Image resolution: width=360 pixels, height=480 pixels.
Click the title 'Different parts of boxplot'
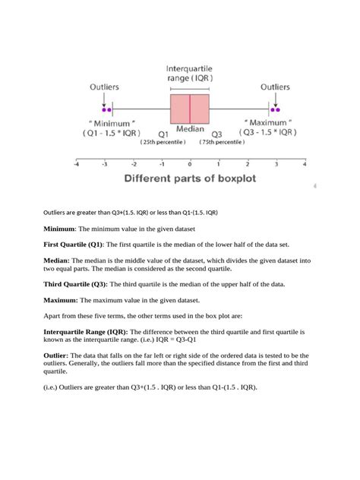(x=189, y=180)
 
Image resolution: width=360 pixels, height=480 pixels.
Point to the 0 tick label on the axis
(x=189, y=163)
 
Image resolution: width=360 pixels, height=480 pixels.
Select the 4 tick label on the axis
(x=304, y=163)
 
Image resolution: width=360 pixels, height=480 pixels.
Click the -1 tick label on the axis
(x=161, y=163)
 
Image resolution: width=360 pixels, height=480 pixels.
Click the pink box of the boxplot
(x=189, y=109)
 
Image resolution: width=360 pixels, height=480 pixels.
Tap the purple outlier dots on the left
(x=105, y=109)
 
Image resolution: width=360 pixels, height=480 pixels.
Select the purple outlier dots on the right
(x=276, y=109)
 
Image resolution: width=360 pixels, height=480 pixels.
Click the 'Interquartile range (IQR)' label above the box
(x=189, y=72)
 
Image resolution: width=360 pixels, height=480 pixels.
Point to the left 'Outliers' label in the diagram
(x=103, y=87)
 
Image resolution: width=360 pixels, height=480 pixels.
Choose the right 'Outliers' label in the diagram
(x=275, y=87)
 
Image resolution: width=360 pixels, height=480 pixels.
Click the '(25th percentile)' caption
(x=163, y=142)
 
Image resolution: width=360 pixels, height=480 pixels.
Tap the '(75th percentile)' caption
(x=222, y=142)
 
